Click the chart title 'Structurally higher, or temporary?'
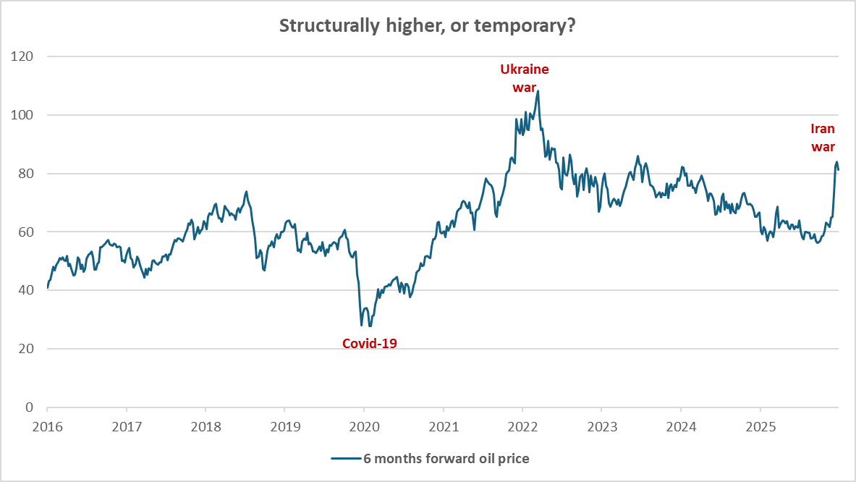point(428,25)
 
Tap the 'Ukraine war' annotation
point(525,78)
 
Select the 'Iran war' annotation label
point(823,138)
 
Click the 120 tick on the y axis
point(24,56)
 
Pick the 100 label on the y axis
point(24,115)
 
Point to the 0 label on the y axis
point(30,407)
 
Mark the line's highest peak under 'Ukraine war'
point(538,90)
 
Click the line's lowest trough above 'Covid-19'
point(361,326)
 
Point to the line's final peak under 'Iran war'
point(836,162)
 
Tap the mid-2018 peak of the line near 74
point(247,192)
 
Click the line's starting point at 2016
point(47,288)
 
